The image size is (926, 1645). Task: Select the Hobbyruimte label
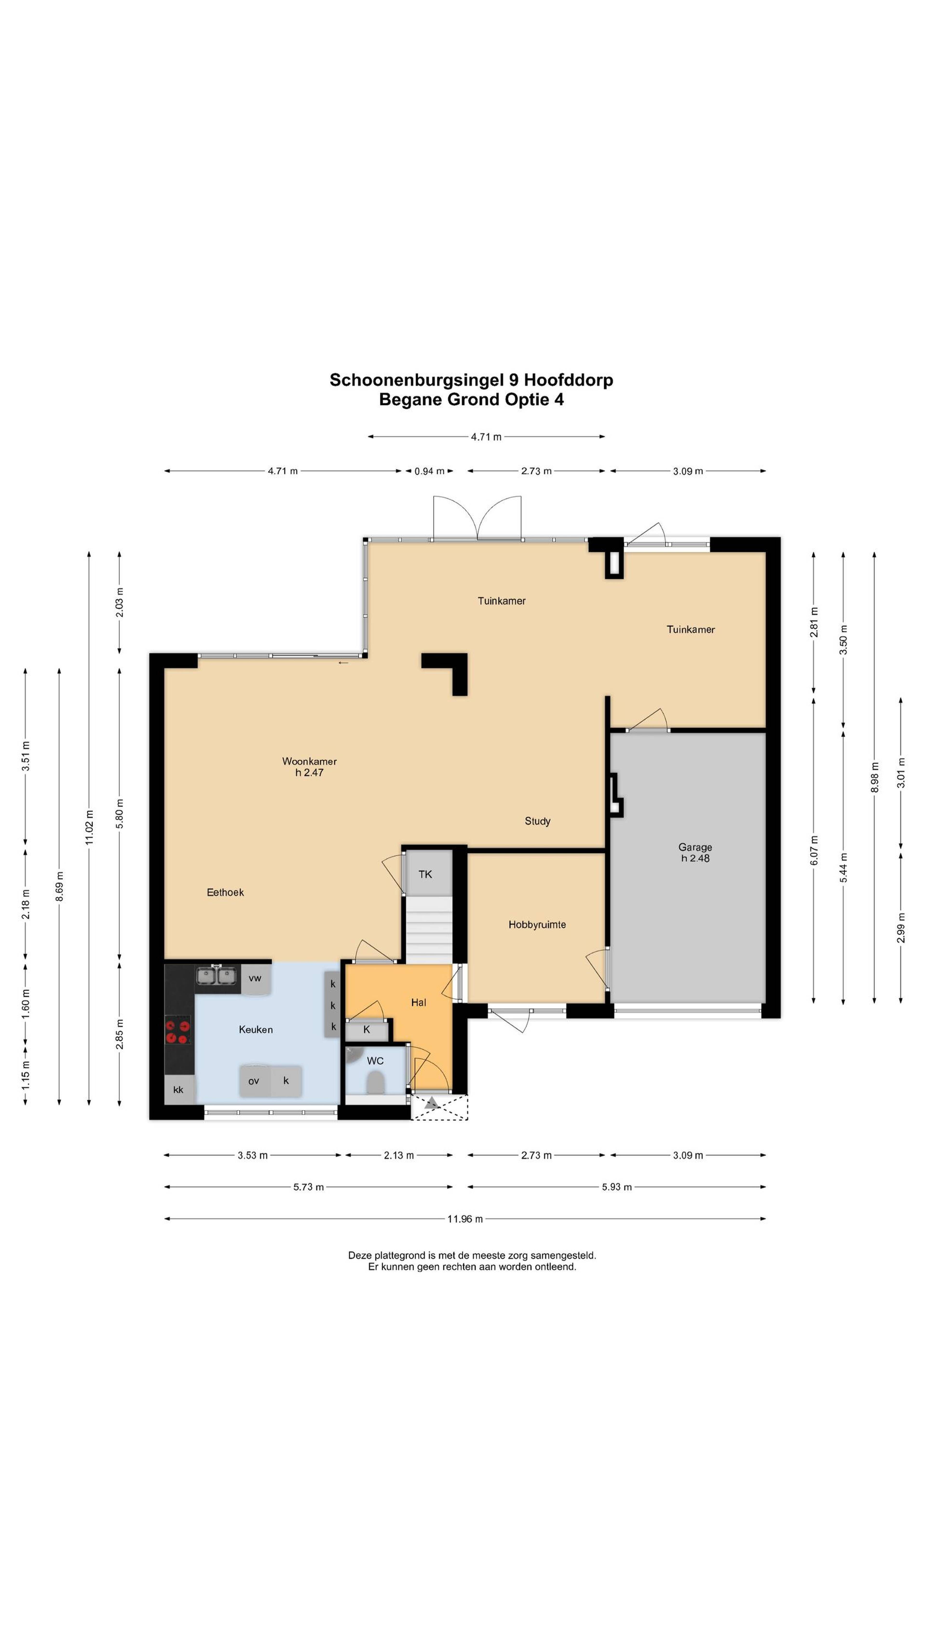tap(537, 925)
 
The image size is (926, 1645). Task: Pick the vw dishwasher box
tap(255, 978)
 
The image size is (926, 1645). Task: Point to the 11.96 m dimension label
tap(465, 1219)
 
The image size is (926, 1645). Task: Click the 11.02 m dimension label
tap(89, 828)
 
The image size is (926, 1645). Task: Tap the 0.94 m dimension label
tap(429, 471)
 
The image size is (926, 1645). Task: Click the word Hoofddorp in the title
tap(568, 380)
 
